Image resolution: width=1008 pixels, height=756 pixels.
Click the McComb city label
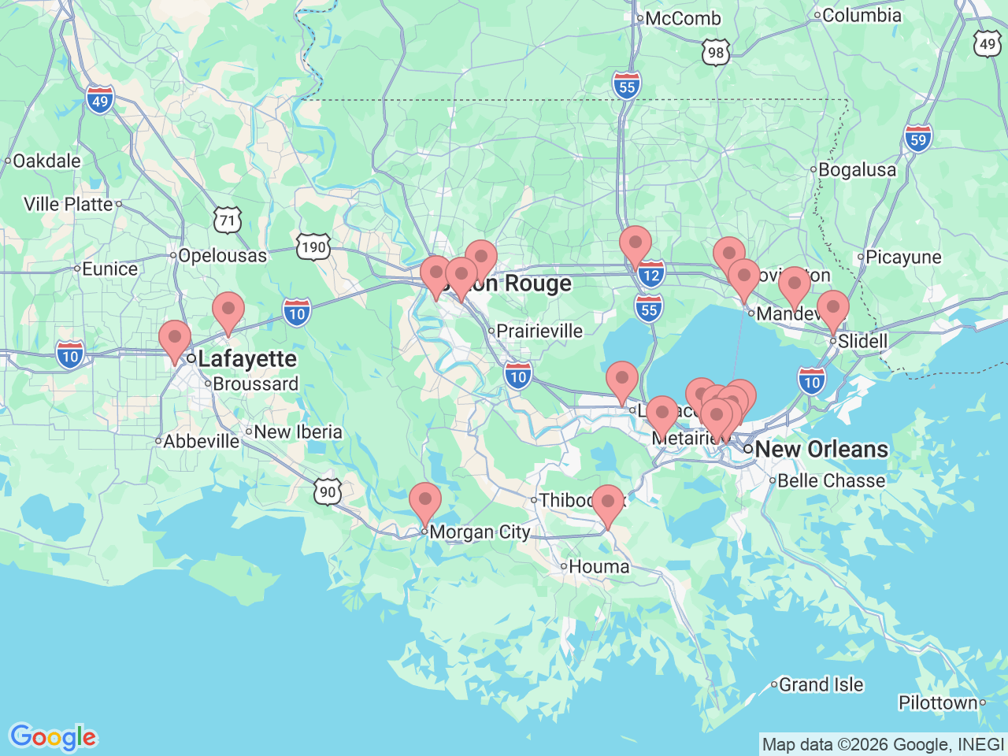coord(682,18)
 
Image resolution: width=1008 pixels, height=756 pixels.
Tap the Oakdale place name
coord(46,161)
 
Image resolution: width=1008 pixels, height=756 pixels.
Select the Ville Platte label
coord(69,204)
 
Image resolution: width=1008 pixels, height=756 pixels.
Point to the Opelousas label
coord(223,255)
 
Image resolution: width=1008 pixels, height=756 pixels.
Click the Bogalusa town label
coord(857,169)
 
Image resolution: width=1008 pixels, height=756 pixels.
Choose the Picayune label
coord(903,257)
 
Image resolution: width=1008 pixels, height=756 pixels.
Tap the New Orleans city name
coord(821,449)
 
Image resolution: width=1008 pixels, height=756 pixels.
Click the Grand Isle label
coord(821,684)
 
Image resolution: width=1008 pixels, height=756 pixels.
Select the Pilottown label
coord(938,702)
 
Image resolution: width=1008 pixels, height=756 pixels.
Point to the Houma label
coord(598,566)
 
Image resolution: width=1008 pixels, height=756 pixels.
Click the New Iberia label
coord(298,432)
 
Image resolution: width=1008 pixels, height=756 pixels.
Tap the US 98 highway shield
coord(715,54)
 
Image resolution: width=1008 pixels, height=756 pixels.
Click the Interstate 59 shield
coord(918,139)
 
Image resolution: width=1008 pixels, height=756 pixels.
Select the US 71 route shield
coord(228,220)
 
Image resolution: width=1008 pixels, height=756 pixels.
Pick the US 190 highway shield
coord(313,247)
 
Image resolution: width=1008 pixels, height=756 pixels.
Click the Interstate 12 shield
coord(650,275)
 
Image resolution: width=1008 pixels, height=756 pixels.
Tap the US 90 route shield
coord(328,492)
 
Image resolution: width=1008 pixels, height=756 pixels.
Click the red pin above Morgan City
coord(425,501)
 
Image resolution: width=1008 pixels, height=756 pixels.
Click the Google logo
coord(53,738)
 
